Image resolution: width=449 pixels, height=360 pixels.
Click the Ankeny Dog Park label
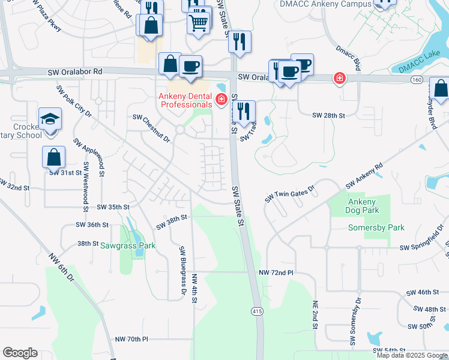[x=363, y=206]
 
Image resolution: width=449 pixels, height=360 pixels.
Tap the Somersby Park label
[x=376, y=228]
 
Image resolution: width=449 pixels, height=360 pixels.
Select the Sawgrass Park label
[x=128, y=245]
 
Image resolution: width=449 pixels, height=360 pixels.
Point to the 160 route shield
[x=417, y=79]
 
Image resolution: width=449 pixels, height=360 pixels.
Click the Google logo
[x=20, y=353]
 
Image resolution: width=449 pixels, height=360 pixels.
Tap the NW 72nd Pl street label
[x=276, y=272]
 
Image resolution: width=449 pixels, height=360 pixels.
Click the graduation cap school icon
[x=49, y=119]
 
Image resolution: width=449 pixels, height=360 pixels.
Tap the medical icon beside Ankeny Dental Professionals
[x=221, y=99]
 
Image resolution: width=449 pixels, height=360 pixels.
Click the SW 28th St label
[x=329, y=115]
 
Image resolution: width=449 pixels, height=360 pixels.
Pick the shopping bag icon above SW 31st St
[x=53, y=157]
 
